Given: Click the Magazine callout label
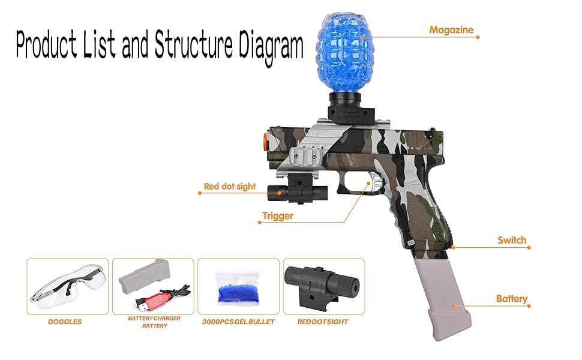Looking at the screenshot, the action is [x=451, y=30].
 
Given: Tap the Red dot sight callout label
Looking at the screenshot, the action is [x=229, y=187].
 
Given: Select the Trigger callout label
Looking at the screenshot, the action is [x=278, y=216].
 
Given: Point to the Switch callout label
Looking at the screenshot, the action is [x=511, y=240].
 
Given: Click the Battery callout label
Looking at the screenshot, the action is [x=511, y=298].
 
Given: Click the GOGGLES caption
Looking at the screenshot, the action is [x=65, y=322].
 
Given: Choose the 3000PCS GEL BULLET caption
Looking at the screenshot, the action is [x=238, y=322].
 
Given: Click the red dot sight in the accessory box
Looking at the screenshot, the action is [x=323, y=284].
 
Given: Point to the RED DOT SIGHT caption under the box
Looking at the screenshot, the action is [x=323, y=322].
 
